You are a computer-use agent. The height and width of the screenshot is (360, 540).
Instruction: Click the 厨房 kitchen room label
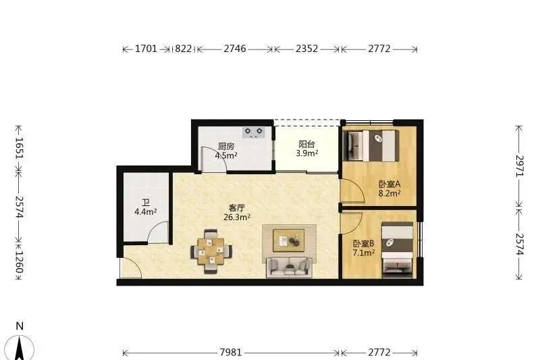[226, 146]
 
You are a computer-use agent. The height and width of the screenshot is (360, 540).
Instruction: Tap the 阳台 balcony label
[306, 144]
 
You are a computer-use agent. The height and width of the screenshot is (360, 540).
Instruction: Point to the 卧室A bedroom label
[389, 184]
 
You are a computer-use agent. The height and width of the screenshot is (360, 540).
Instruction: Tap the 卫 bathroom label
[145, 203]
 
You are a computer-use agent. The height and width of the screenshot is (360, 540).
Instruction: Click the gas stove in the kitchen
[254, 132]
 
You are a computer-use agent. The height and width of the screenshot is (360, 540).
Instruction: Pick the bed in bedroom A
[371, 145]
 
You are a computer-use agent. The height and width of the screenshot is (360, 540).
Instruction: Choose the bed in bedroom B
[397, 249]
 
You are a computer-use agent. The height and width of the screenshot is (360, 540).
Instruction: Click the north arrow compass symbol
[24, 346]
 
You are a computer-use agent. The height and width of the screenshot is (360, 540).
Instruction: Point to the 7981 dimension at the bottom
[230, 353]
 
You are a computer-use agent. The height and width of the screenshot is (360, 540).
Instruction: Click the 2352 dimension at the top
[306, 49]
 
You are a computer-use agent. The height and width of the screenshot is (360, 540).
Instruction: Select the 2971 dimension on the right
[519, 165]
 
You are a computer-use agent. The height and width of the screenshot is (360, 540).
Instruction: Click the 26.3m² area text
[237, 217]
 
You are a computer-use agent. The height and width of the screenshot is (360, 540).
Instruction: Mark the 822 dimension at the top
[183, 49]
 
